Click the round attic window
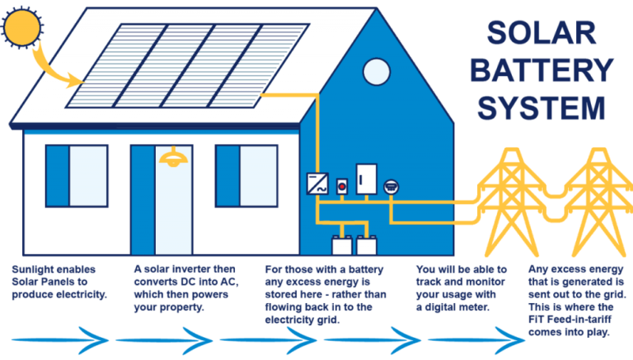[x=373, y=71]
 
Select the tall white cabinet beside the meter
[x=366, y=179]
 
